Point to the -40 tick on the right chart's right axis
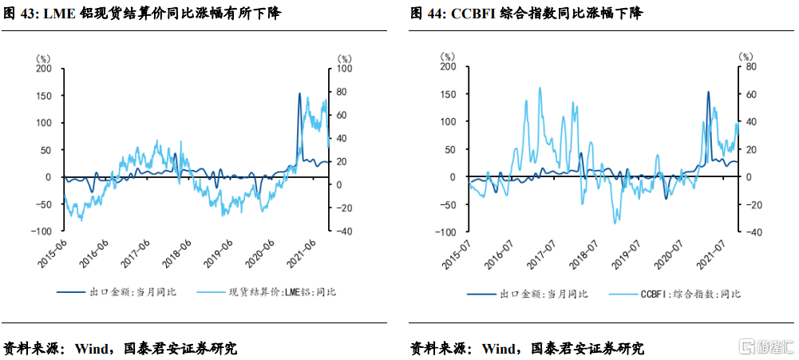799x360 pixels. [749, 231]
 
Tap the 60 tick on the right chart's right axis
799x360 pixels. [749, 93]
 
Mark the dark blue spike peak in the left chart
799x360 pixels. [299, 94]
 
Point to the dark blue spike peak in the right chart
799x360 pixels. [708, 92]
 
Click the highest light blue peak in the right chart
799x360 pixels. [540, 88]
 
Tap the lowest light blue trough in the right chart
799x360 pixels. [615, 223]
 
